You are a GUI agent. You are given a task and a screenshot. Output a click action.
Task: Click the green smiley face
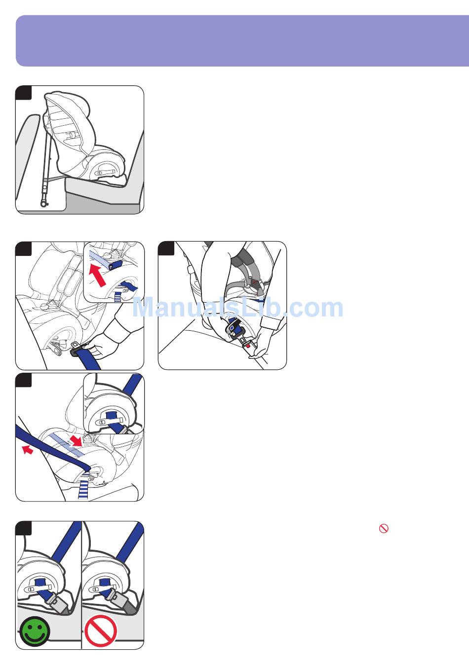[x=35, y=632]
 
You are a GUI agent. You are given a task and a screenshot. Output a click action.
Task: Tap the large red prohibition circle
[x=101, y=631]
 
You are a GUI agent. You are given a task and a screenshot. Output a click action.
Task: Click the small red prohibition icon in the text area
[x=384, y=529]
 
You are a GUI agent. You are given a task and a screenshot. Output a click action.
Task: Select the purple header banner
[x=242, y=41]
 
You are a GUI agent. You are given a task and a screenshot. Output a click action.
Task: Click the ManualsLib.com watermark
[x=237, y=308]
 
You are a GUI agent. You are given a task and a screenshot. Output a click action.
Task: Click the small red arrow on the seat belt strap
[x=28, y=449]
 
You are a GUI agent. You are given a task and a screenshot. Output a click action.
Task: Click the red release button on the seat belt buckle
[x=248, y=346]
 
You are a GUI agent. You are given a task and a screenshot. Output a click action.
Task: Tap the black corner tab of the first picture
[x=23, y=93]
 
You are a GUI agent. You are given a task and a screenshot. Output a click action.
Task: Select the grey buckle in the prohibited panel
[x=122, y=599]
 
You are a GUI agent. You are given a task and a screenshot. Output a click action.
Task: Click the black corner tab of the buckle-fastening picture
[x=166, y=248]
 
